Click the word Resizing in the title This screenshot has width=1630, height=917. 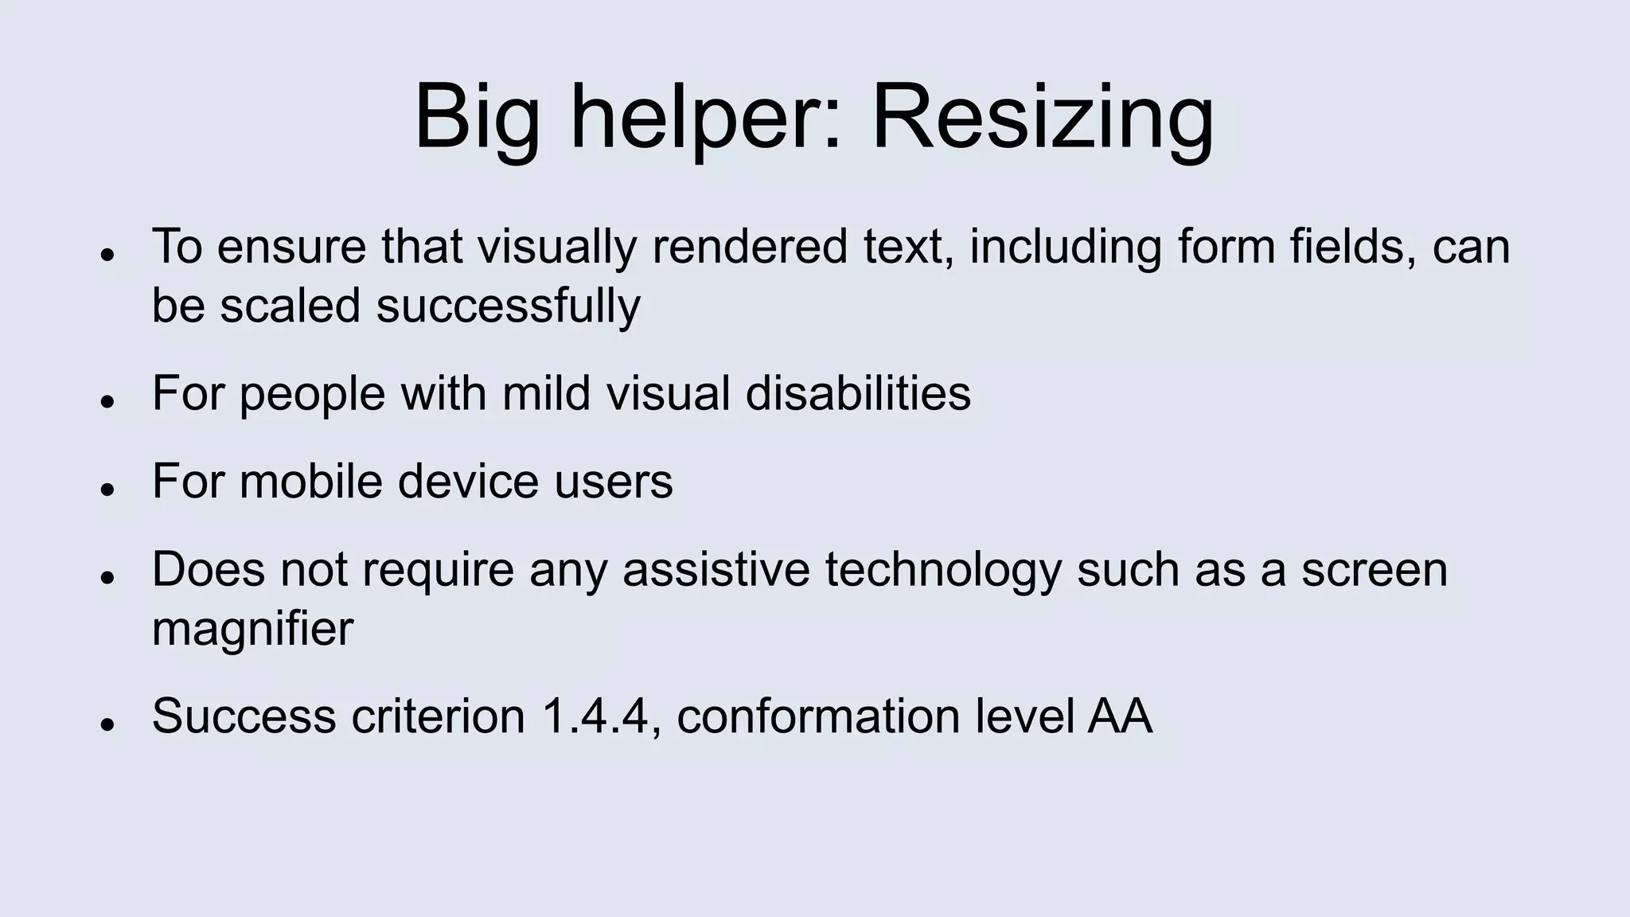click(x=1043, y=119)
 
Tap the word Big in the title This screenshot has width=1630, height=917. click(x=477, y=119)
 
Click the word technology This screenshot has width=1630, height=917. click(x=942, y=570)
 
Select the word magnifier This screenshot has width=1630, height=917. click(x=252, y=629)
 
